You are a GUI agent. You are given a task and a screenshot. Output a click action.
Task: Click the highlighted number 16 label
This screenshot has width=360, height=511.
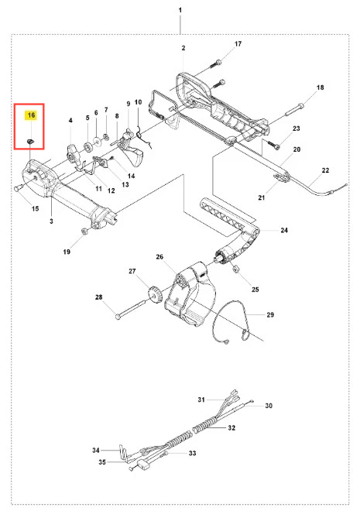(x=31, y=115)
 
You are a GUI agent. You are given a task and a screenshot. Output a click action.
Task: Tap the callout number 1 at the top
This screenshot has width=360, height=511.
(x=180, y=10)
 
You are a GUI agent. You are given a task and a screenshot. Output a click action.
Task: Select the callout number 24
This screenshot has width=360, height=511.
(x=284, y=230)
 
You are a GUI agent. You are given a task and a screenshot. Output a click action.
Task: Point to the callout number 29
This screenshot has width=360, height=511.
(x=270, y=314)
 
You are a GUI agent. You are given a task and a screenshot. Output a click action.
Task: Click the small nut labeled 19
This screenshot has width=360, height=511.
(x=84, y=231)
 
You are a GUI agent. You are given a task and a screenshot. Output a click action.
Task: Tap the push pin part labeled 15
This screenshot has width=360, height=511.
(x=19, y=187)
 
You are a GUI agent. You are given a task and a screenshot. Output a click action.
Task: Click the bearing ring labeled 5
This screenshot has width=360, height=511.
(x=88, y=146)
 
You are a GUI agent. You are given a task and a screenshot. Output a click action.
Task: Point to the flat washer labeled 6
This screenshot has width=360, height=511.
(x=97, y=140)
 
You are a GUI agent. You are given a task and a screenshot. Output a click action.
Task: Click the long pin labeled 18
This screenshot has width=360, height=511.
(x=294, y=109)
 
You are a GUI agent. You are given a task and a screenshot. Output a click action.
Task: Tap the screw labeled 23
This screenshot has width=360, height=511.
(x=274, y=144)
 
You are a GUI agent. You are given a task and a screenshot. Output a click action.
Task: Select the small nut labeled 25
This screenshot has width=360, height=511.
(x=234, y=269)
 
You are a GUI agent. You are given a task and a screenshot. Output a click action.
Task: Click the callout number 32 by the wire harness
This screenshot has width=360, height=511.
(x=231, y=427)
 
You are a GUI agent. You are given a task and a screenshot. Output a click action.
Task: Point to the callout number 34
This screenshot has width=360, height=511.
(x=95, y=450)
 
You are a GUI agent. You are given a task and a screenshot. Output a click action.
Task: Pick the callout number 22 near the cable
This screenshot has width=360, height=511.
(x=325, y=170)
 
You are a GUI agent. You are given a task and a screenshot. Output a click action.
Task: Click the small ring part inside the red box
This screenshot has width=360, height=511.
(x=31, y=141)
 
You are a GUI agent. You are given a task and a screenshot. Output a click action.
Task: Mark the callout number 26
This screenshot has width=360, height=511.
(x=159, y=257)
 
